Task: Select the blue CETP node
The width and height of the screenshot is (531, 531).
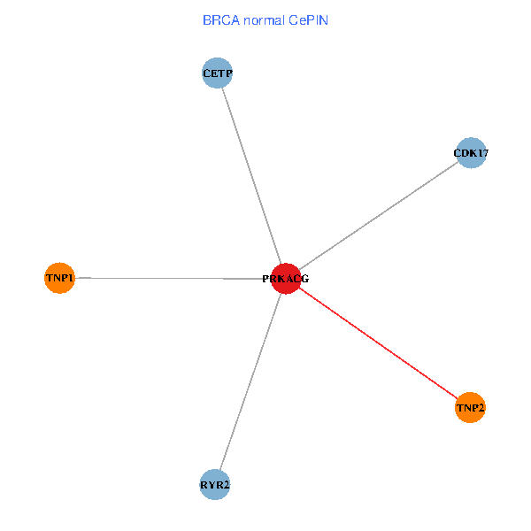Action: (x=217, y=73)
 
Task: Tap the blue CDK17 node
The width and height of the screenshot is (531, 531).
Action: (x=471, y=153)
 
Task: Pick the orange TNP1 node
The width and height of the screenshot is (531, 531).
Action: (x=59, y=278)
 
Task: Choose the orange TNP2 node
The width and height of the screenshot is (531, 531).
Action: (x=470, y=407)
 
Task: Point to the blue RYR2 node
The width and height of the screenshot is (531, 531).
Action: (x=215, y=484)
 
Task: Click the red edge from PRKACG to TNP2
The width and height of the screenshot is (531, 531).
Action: (x=378, y=343)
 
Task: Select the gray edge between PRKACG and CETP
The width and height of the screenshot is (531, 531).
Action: (x=251, y=176)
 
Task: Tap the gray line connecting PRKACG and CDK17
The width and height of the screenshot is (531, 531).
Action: (x=378, y=216)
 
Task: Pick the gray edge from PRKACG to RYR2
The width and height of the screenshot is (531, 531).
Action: (x=250, y=381)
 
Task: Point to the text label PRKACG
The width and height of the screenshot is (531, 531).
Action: (x=285, y=280)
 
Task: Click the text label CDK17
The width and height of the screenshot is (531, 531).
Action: (x=471, y=154)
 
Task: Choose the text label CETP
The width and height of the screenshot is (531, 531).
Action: (x=217, y=73)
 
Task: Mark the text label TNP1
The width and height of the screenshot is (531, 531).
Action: (x=59, y=279)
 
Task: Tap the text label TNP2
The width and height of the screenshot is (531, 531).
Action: (x=470, y=408)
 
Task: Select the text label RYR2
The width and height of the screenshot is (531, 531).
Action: (x=215, y=485)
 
